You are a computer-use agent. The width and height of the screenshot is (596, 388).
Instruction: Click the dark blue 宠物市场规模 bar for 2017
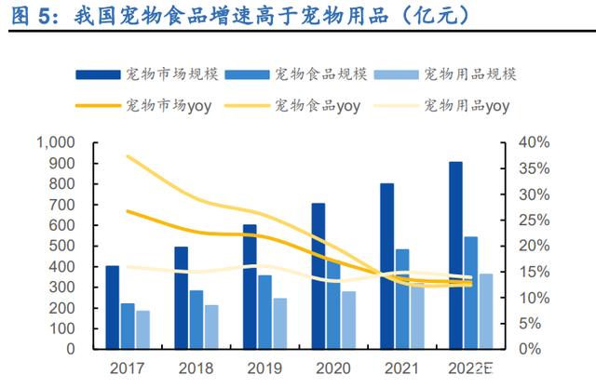point(113,307)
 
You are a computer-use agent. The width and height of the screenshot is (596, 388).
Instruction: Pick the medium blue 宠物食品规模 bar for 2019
point(265,312)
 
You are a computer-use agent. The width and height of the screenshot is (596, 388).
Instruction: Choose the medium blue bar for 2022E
point(471,292)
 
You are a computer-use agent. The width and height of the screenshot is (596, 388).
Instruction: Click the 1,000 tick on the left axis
point(55,142)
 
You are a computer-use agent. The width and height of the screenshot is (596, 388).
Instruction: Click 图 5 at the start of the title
point(28,16)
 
